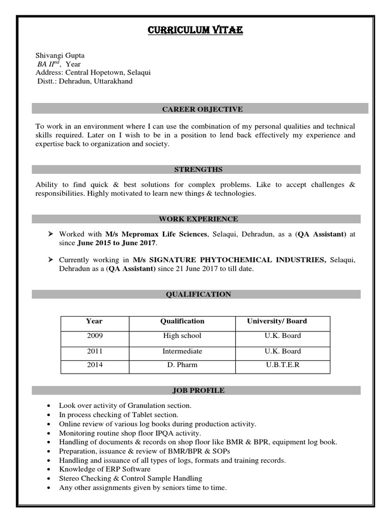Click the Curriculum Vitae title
click(x=195, y=31)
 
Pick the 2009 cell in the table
click(x=94, y=336)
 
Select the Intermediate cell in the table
click(x=182, y=351)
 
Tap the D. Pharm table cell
click(x=182, y=365)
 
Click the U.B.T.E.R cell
click(x=283, y=365)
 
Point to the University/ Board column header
click(x=277, y=321)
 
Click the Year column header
click(x=94, y=321)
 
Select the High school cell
click(x=182, y=336)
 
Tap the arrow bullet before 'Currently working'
click(x=50, y=260)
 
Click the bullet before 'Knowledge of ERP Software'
click(x=48, y=469)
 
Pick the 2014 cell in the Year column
click(x=94, y=365)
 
